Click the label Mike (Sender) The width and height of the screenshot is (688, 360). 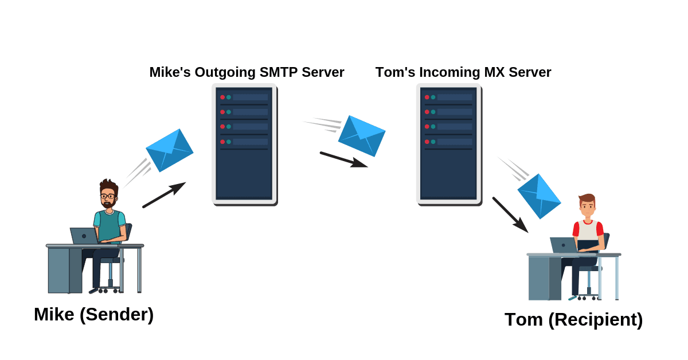pos(93,314)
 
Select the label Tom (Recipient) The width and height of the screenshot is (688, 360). pos(573,319)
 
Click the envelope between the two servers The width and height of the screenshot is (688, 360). pos(362,136)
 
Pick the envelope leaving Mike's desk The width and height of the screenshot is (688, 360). pos(170,150)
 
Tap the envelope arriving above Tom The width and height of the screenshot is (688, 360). pos(539,196)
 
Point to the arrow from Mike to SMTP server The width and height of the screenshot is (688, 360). pos(164,195)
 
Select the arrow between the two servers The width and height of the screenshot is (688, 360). pos(343,159)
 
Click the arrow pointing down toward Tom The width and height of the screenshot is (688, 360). pos(510,215)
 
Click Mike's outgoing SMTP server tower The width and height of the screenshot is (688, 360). pos(244,144)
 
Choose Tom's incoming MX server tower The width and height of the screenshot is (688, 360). pos(449,144)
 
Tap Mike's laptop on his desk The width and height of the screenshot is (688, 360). pos(84,236)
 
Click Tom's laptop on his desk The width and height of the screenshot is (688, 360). pos(563,245)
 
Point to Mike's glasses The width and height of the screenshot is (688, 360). pos(108,196)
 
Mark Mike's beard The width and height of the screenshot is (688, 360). pos(108,204)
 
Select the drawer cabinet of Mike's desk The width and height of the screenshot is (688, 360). pos(64,270)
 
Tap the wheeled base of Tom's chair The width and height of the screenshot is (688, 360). pos(587,297)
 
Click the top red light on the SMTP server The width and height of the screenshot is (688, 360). pos(222,97)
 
